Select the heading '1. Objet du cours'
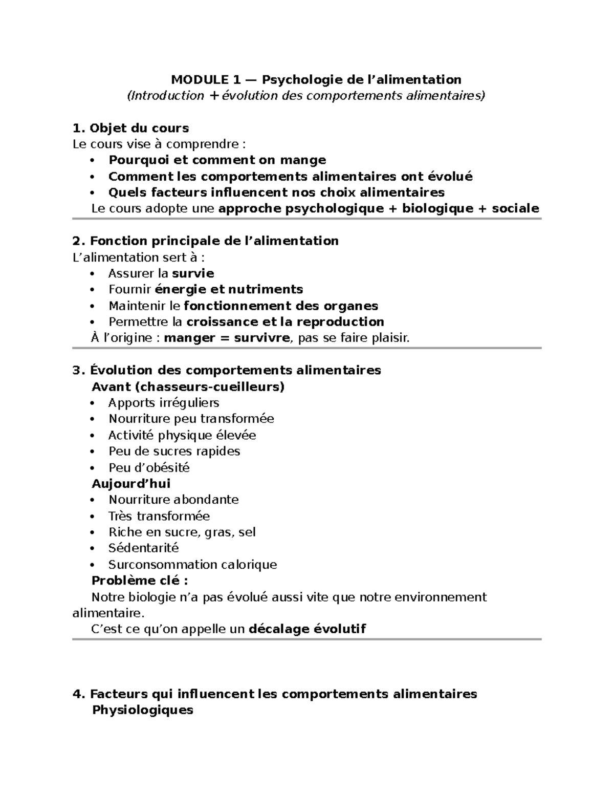click(131, 128)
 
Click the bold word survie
click(193, 273)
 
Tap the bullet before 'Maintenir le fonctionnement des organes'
click(92, 306)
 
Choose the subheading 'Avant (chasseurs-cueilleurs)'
click(187, 386)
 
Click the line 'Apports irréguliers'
click(164, 403)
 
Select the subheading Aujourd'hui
click(130, 484)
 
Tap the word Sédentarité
click(143, 548)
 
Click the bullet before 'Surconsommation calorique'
click(92, 565)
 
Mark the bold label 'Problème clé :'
click(139, 581)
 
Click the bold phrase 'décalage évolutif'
click(307, 629)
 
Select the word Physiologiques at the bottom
click(142, 710)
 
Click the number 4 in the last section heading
click(77, 694)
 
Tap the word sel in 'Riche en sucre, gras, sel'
click(247, 532)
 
